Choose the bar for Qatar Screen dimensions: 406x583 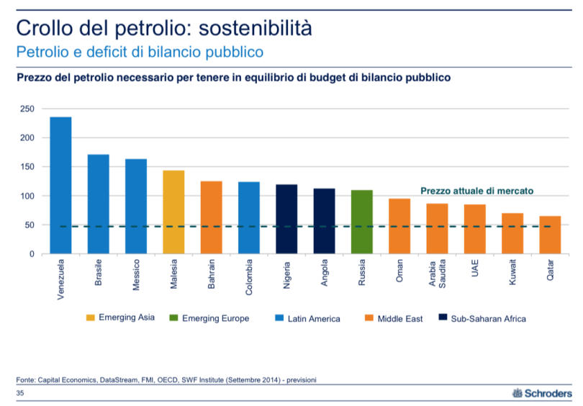(x=550, y=235)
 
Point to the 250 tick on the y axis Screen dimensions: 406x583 (x=27, y=109)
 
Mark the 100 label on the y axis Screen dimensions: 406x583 (x=27, y=196)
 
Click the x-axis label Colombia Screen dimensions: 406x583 (x=249, y=276)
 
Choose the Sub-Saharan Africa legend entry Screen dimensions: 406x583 (x=482, y=317)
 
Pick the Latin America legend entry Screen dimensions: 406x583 (x=309, y=317)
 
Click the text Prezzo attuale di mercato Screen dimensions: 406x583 (x=476, y=191)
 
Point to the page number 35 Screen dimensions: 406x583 (x=19, y=394)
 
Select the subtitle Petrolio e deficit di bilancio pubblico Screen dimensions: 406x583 (x=140, y=52)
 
